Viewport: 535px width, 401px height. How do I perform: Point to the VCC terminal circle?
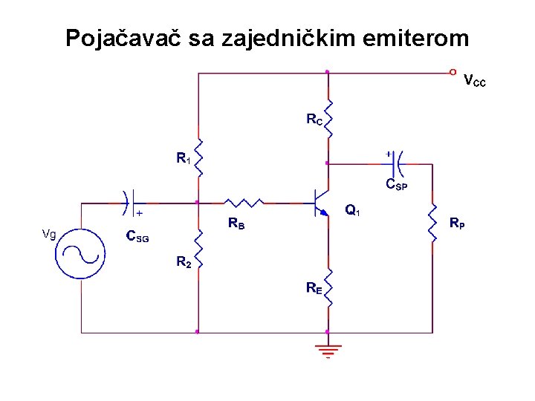[x=453, y=73]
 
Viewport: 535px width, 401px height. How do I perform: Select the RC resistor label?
[x=314, y=118]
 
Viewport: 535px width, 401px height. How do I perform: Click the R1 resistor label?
[x=183, y=158]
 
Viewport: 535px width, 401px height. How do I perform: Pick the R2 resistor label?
[x=183, y=261]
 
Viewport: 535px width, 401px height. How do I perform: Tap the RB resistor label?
[x=236, y=222]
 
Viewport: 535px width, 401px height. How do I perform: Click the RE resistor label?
[x=314, y=288]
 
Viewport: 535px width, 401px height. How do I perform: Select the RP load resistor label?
[x=458, y=222]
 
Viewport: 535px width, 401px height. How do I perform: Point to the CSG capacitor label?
[x=137, y=238]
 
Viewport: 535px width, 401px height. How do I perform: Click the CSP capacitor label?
[x=396, y=184]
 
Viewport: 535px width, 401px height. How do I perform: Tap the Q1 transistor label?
[x=353, y=212]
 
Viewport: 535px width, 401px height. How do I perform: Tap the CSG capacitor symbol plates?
[x=127, y=201]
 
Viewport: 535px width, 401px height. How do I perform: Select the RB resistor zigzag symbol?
[x=243, y=202]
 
